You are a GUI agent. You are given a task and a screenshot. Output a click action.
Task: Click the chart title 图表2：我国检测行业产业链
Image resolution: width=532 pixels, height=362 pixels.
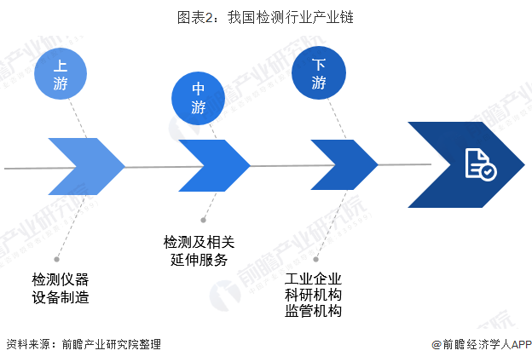pyautogui.click(x=266, y=16)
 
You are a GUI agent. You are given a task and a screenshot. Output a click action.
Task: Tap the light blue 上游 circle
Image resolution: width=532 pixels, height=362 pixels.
pyautogui.click(x=61, y=73)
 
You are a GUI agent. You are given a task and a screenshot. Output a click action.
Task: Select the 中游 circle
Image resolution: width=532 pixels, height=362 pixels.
pyautogui.click(x=199, y=98)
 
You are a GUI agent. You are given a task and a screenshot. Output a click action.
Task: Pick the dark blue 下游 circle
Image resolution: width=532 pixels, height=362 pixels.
pyautogui.click(x=319, y=73)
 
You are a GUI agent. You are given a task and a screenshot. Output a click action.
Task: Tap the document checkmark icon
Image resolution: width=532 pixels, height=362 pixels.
pyautogui.click(x=479, y=164)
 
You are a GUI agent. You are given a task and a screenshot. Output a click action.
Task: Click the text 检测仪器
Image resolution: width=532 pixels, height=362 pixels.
pyautogui.click(x=61, y=279)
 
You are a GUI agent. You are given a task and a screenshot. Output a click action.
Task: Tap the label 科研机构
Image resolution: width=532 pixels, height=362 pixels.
pyautogui.click(x=314, y=295)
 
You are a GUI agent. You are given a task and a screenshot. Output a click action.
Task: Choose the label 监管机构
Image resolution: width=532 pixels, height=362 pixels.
pyautogui.click(x=314, y=312)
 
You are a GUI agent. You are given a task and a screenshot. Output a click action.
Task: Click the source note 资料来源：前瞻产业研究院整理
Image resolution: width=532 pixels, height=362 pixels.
pyautogui.click(x=83, y=345)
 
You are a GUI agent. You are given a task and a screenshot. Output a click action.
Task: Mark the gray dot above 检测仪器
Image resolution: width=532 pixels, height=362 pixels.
pyautogui.click(x=56, y=258)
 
